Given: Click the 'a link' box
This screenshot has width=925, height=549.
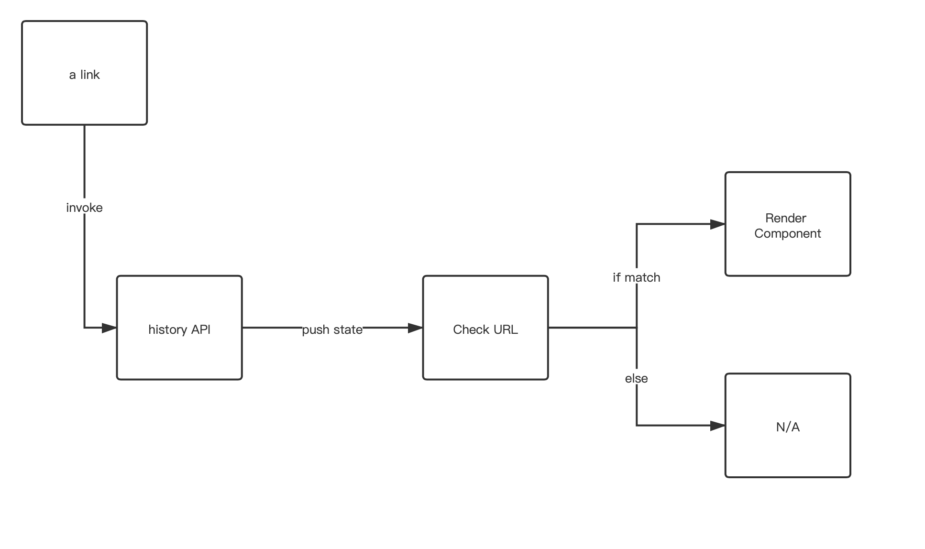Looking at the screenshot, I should point(84,73).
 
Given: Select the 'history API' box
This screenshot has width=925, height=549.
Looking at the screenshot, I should point(179,328).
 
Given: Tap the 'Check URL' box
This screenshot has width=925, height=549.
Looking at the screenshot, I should point(485,328).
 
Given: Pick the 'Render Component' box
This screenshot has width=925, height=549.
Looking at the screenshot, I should point(788,224).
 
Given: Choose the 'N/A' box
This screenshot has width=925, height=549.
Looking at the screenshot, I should point(788,425).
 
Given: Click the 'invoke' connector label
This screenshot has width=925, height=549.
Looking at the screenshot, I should point(84,208).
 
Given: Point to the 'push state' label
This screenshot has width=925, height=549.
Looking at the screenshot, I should point(332,329).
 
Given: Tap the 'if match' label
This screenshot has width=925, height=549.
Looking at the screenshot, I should point(636,277).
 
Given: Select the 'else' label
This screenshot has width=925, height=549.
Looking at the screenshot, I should point(636,378).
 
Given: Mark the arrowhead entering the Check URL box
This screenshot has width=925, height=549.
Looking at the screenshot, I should point(416,328).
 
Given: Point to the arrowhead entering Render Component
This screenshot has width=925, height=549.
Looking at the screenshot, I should point(718,224).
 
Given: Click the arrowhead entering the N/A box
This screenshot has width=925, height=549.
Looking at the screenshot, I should point(718,425).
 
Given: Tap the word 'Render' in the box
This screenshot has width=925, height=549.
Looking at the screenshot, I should point(786,218).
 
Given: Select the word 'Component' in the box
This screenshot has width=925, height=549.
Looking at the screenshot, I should point(788,233).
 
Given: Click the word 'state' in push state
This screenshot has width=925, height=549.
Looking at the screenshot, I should point(348,329).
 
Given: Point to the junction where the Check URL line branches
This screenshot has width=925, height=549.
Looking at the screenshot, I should point(637,328).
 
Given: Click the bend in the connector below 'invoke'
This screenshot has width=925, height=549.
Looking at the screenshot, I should point(85,328).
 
